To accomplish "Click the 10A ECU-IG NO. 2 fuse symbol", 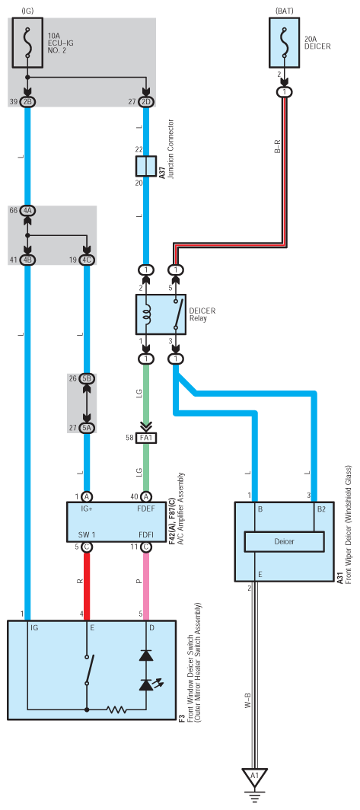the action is [27, 43].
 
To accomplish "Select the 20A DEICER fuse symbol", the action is [284, 43].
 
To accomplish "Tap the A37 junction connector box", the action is [146, 166].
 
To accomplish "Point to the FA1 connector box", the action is [146, 438].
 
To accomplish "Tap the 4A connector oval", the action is [27, 211].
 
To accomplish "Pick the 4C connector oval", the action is [87, 260].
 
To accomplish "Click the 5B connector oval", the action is [87, 378].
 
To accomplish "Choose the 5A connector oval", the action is [87, 428].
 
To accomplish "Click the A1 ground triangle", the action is [255, 777].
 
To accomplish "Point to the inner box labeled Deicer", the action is [284, 541].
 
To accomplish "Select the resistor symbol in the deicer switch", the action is [116, 710].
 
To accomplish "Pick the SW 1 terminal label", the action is [86, 534].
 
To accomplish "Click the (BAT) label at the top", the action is [284, 11].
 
